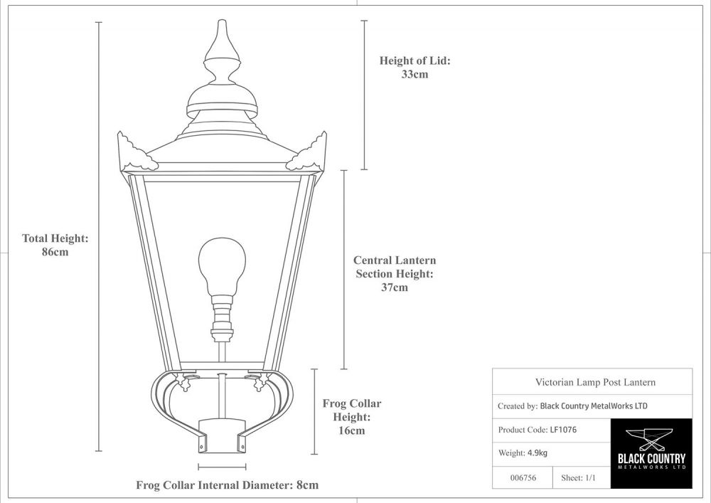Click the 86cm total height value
tap(55, 252)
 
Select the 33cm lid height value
tap(415, 74)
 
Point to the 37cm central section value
tap(395, 287)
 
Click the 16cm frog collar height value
tap(351, 430)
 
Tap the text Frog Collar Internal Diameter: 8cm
tap(227, 485)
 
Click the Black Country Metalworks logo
tap(651, 453)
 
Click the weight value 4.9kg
tap(537, 452)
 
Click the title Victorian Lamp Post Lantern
tap(595, 382)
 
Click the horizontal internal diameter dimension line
tap(223, 467)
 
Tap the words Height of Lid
tap(415, 61)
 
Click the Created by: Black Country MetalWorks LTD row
tap(572, 406)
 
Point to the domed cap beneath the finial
tap(221, 96)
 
